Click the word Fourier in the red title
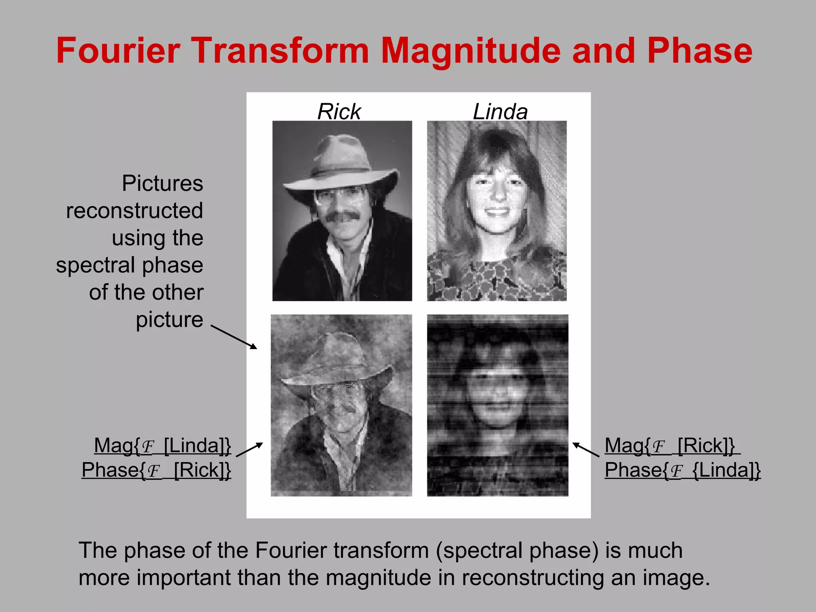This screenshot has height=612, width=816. pyautogui.click(x=118, y=51)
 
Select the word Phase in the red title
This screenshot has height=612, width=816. pyautogui.click(x=700, y=51)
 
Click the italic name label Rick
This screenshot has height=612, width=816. pyautogui.click(x=339, y=111)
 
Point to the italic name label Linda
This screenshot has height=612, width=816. pyautogui.click(x=500, y=111)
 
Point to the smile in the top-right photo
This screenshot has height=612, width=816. pyautogui.click(x=497, y=212)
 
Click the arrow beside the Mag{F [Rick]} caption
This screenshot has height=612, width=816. pyautogui.click(x=586, y=449)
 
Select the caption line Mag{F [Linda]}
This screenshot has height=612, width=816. pyautogui.click(x=162, y=445)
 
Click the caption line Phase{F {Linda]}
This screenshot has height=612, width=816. pyautogui.click(x=682, y=470)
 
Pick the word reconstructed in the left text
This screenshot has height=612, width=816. pyautogui.click(x=134, y=210)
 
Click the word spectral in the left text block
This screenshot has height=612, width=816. pyautogui.click(x=95, y=265)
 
